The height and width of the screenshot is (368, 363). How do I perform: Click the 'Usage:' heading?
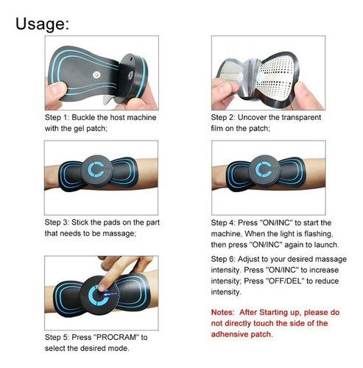pos(42,24)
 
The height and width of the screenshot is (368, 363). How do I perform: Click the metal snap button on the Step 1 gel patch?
pos(96,75)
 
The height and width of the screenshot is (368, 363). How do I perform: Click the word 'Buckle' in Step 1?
pos(83,117)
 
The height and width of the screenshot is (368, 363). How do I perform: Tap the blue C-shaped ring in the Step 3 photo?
pos(95,169)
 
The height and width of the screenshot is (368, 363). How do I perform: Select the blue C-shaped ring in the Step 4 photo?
pos(263,169)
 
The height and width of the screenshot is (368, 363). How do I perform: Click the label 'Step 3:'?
pos(57,222)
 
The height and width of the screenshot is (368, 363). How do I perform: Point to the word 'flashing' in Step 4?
pos(319,234)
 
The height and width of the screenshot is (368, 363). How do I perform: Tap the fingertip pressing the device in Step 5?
pos(102,286)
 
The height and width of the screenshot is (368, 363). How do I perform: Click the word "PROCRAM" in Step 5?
pos(115,337)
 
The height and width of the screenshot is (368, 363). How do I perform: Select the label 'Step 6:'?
pos(223,259)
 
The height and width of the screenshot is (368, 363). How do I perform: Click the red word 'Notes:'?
pos(223,312)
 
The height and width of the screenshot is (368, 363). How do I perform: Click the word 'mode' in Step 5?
pos(120,348)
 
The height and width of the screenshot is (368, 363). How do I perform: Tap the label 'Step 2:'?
pos(223,117)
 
